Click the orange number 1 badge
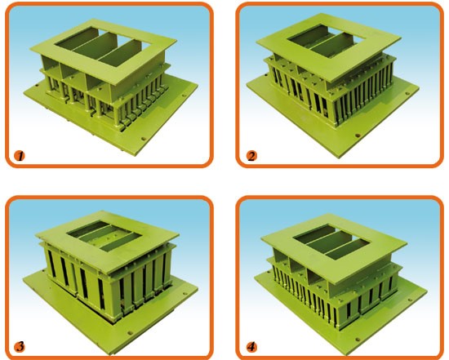(x=20, y=156)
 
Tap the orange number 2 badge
(x=251, y=156)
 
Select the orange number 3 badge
(x=20, y=347)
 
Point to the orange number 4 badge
(x=251, y=347)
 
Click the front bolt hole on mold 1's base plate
(x=144, y=140)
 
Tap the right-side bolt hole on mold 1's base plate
(x=184, y=96)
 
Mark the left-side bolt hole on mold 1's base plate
(x=37, y=86)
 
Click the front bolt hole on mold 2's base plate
(x=358, y=136)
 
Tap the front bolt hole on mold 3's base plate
(x=131, y=333)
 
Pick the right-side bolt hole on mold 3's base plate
(x=184, y=293)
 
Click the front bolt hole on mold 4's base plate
(x=358, y=340)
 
